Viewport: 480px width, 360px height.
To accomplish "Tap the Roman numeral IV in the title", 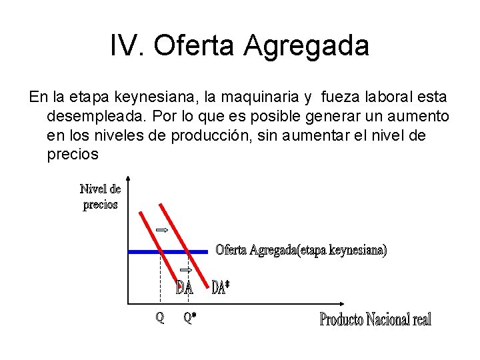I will click(127, 47).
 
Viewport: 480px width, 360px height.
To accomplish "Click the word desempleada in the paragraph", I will click(96, 117).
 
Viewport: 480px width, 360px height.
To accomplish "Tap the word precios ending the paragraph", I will click(73, 155).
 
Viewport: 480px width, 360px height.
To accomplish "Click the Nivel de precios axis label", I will click(100, 197).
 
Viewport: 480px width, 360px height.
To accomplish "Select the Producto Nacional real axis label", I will click(375, 319).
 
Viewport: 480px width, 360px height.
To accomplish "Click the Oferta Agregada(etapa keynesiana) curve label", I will click(301, 250).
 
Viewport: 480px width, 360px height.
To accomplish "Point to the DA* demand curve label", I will click(221, 287).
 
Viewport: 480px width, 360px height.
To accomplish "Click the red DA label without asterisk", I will click(185, 288).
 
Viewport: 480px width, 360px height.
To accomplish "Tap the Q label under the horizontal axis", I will click(160, 317).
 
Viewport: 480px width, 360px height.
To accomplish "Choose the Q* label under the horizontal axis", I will click(190, 318).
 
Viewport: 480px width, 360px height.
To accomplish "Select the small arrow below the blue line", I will click(187, 270).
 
